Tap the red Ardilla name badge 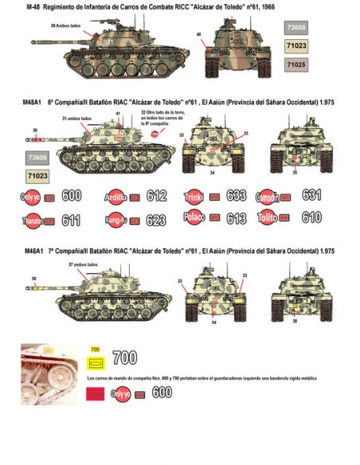[x=115, y=196]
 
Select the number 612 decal [x=156, y=196]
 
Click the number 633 [x=236, y=196]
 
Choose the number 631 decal [x=311, y=195]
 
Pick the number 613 [x=236, y=217]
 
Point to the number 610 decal [x=311, y=217]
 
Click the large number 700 [x=124, y=358]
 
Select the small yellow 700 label [x=95, y=349]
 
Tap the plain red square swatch [x=96, y=392]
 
